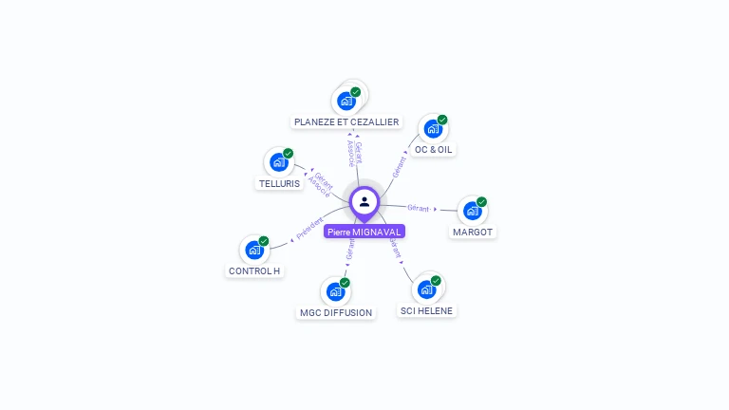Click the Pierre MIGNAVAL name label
pos(364,232)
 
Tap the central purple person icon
pos(364,201)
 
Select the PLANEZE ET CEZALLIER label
pos(346,122)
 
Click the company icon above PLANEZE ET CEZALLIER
pos(346,100)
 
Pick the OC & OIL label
pos(434,150)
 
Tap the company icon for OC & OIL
pos(433,128)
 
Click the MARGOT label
pos(473,232)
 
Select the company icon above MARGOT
pos(472,210)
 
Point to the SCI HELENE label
pos(426,310)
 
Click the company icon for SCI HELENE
pos(426,289)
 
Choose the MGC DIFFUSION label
pos(336,312)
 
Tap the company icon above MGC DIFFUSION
pos(336,290)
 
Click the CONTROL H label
pos(254,270)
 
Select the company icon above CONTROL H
pos(254,249)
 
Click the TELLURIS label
pos(279,183)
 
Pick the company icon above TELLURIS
pos(279,161)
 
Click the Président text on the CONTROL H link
pos(309,228)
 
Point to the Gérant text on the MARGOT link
pos(419,207)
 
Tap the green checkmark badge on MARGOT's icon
pos(481,201)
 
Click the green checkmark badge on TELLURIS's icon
pos(288,153)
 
